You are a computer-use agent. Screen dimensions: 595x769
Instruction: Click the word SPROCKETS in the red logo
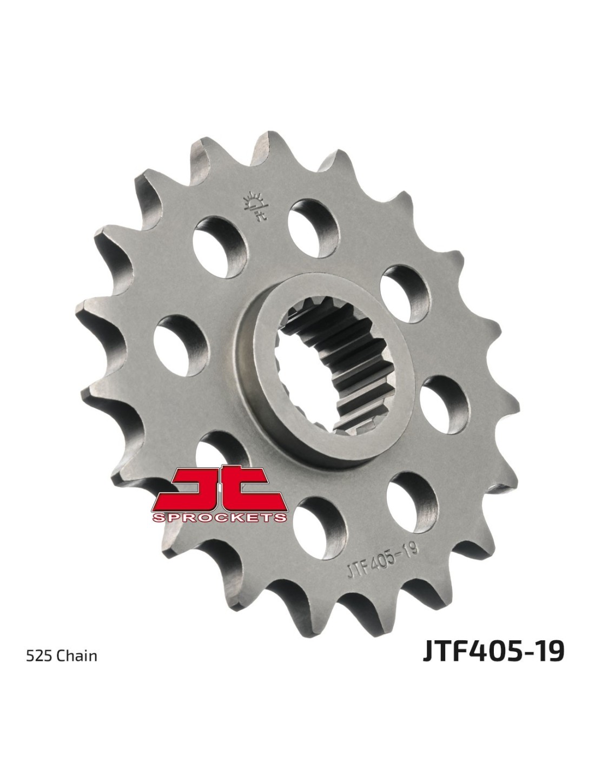click(219, 518)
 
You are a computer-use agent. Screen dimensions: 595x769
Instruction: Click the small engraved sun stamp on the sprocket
click(255, 207)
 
